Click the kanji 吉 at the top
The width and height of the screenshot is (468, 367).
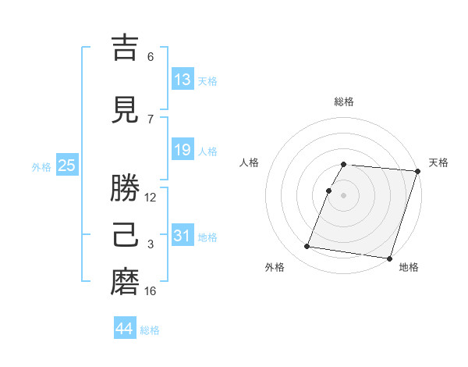[125, 49]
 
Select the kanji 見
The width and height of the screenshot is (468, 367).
[125, 110]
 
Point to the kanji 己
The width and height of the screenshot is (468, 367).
[125, 235]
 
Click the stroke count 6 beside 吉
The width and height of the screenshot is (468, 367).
[151, 56]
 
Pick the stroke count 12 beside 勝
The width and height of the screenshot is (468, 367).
[151, 197]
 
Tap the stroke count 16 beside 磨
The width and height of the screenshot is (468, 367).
[151, 291]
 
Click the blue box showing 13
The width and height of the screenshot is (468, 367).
[183, 79]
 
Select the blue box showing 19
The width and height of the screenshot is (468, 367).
[183, 150]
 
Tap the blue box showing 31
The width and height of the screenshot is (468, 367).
[183, 235]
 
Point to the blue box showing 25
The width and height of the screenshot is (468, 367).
[66, 165]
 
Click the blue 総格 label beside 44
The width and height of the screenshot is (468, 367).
[150, 330]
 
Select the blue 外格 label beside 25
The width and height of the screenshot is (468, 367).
[41, 166]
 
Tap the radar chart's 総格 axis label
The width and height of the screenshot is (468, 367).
[344, 102]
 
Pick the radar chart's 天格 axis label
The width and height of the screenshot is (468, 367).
[438, 162]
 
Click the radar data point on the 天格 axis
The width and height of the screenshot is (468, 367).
[417, 171]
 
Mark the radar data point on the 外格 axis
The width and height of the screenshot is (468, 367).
[307, 247]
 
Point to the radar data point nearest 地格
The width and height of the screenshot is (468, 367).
[388, 258]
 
